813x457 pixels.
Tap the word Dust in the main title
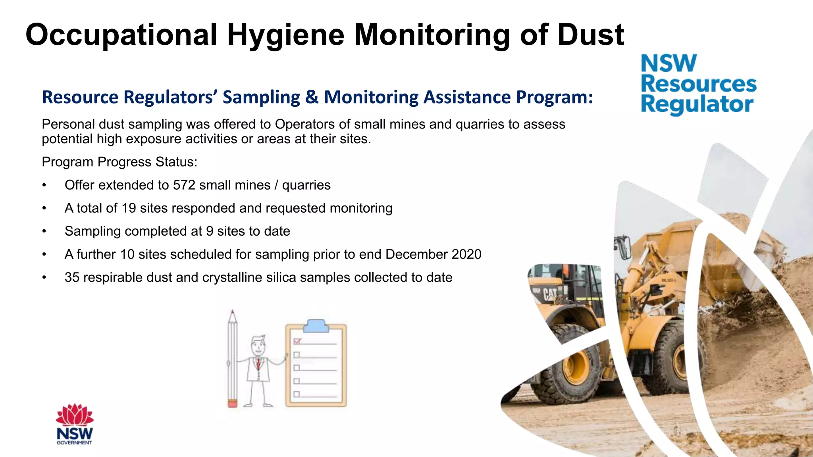coord(590,35)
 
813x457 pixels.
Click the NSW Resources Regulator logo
coord(698,84)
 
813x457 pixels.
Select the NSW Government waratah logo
coord(75,424)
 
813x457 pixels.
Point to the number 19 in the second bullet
coord(129,208)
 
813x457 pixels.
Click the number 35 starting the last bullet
coord(72,277)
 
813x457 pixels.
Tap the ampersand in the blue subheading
coord(312,97)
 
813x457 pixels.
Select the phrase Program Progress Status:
coord(119,162)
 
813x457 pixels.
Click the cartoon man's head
coord(258,345)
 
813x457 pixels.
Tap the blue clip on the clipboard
coord(316,326)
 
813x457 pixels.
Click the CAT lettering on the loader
coord(551,294)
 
